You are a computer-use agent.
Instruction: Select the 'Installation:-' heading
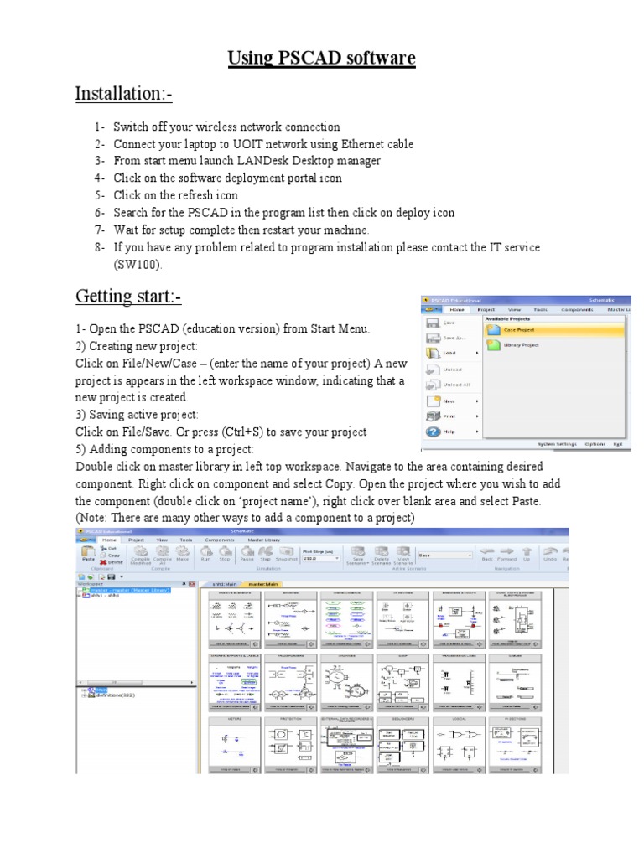123,94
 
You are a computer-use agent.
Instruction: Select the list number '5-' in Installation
100,195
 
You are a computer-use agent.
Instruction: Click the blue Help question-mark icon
434,432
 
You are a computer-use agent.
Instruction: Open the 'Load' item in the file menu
450,354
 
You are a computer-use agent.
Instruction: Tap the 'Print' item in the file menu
450,416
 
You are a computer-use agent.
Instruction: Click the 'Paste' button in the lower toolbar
87,555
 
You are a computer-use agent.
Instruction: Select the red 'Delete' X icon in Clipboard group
104,562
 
